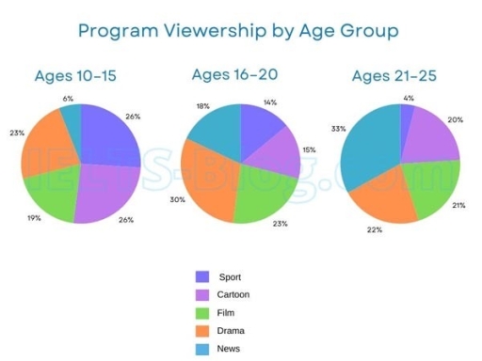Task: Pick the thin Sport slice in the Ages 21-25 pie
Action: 407,118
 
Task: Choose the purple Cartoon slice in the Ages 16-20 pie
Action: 273,149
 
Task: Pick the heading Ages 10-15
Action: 74,76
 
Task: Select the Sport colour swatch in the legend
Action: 201,276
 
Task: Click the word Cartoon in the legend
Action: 234,294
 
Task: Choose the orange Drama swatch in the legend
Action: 201,330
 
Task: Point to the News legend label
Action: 230,348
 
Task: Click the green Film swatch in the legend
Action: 201,312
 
